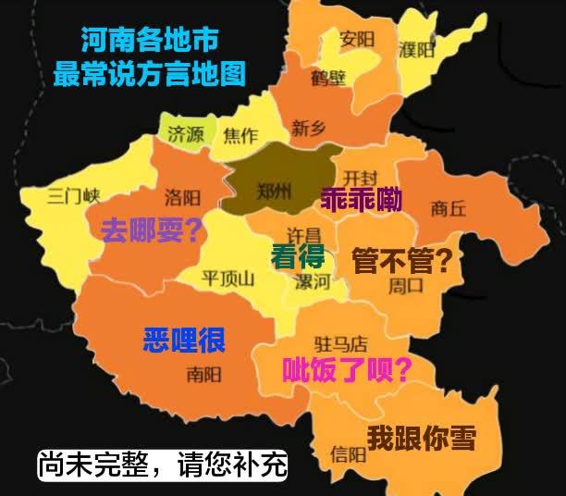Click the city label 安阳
(356, 39)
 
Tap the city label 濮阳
(416, 48)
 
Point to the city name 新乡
(308, 129)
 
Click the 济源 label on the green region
(186, 133)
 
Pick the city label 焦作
(241, 135)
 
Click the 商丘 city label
(449, 208)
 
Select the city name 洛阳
(182, 197)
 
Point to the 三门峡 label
(74, 195)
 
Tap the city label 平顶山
(228, 277)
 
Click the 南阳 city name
(203, 374)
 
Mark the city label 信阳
(348, 453)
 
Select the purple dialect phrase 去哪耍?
(152, 229)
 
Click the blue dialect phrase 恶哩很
(185, 340)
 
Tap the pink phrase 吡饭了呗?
(347, 369)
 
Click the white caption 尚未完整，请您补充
(163, 464)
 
